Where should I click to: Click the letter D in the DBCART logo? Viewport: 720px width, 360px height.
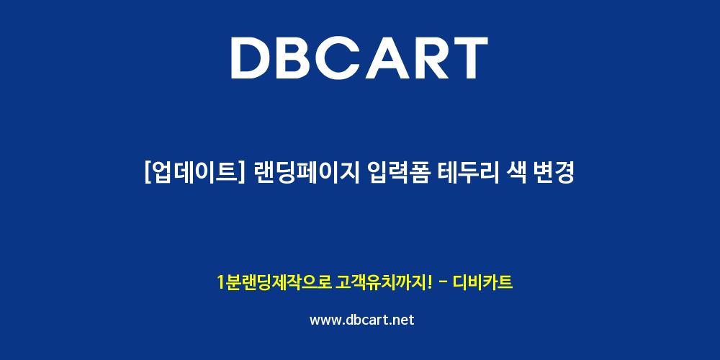(252, 58)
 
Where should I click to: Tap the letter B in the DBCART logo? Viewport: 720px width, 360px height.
(299, 58)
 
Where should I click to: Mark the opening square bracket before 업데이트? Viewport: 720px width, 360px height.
(148, 174)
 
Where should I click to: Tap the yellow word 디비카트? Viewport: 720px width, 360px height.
(482, 282)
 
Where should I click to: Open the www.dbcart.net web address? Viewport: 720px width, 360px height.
(362, 320)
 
